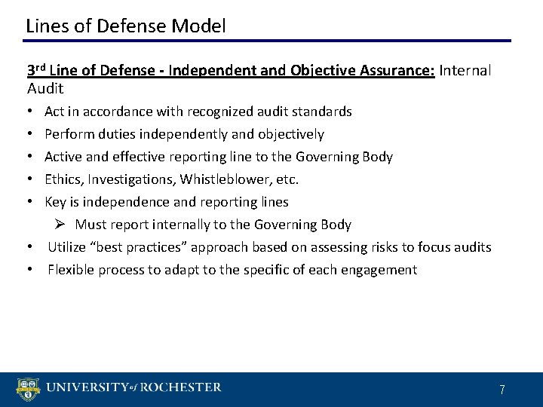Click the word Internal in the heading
(x=465, y=71)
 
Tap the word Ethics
(x=63, y=179)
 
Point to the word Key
(x=55, y=202)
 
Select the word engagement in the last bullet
(x=380, y=270)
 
